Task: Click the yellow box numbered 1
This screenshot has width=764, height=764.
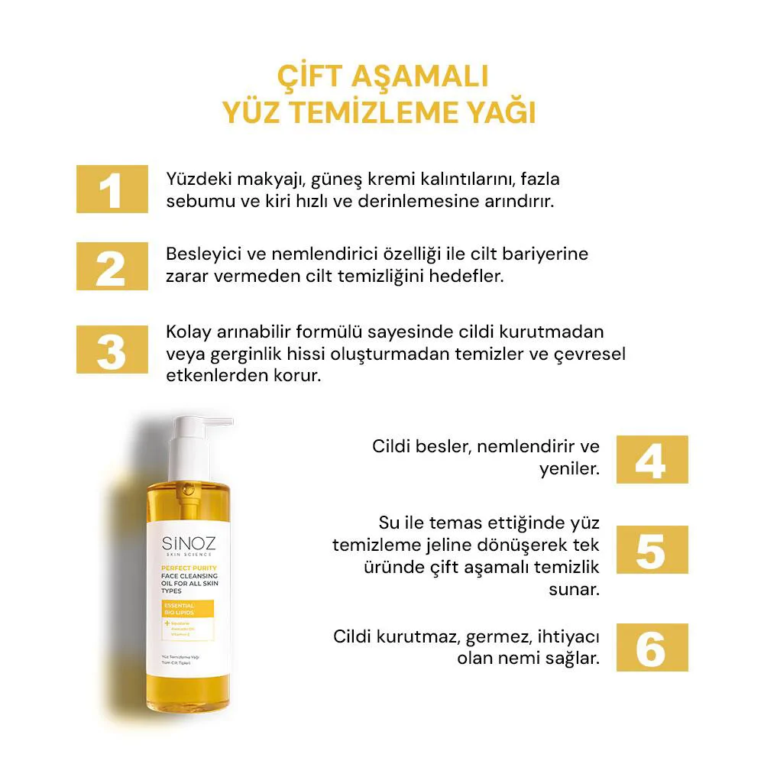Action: [x=112, y=189]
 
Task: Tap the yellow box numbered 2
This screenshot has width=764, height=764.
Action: [x=112, y=266]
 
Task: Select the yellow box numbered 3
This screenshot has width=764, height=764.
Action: [x=112, y=349]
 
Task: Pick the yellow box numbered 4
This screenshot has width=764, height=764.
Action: [x=652, y=459]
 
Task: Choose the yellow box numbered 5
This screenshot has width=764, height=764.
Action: [x=652, y=549]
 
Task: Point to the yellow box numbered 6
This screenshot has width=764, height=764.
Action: [x=652, y=647]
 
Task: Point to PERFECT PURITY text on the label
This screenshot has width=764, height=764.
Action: [x=189, y=568]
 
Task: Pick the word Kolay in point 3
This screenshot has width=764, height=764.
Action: [x=187, y=334]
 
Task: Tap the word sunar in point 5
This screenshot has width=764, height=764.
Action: [x=574, y=590]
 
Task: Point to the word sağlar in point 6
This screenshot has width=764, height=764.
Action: [x=570, y=658]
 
